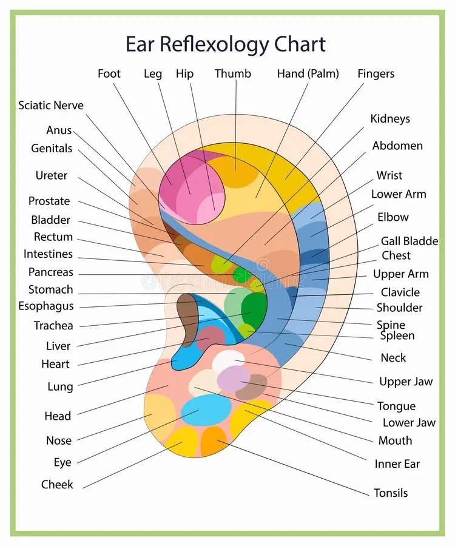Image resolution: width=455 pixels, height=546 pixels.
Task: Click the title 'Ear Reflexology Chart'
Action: point(226,44)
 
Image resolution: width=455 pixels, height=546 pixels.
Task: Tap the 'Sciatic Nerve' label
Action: point(51,105)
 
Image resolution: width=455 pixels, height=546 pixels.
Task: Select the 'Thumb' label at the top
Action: point(232,73)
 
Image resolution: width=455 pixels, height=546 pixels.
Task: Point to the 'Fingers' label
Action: point(376,74)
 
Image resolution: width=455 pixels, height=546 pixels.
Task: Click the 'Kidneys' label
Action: point(390,119)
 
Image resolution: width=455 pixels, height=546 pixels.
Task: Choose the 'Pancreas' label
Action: point(51,272)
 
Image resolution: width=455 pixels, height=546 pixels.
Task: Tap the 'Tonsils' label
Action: point(391,493)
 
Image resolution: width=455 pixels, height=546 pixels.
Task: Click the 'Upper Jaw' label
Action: point(406,382)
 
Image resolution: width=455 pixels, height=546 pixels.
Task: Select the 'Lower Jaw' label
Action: point(409,422)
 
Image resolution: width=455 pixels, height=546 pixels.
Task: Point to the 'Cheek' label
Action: point(57,484)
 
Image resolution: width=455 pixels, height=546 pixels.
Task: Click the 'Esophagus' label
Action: point(46,306)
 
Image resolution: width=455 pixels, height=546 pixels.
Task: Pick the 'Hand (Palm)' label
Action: point(308,74)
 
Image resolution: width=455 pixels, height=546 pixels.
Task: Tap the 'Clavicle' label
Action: point(400,292)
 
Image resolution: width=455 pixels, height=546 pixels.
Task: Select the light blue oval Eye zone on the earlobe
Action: point(206,410)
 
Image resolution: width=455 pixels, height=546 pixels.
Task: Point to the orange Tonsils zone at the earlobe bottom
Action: point(214,440)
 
